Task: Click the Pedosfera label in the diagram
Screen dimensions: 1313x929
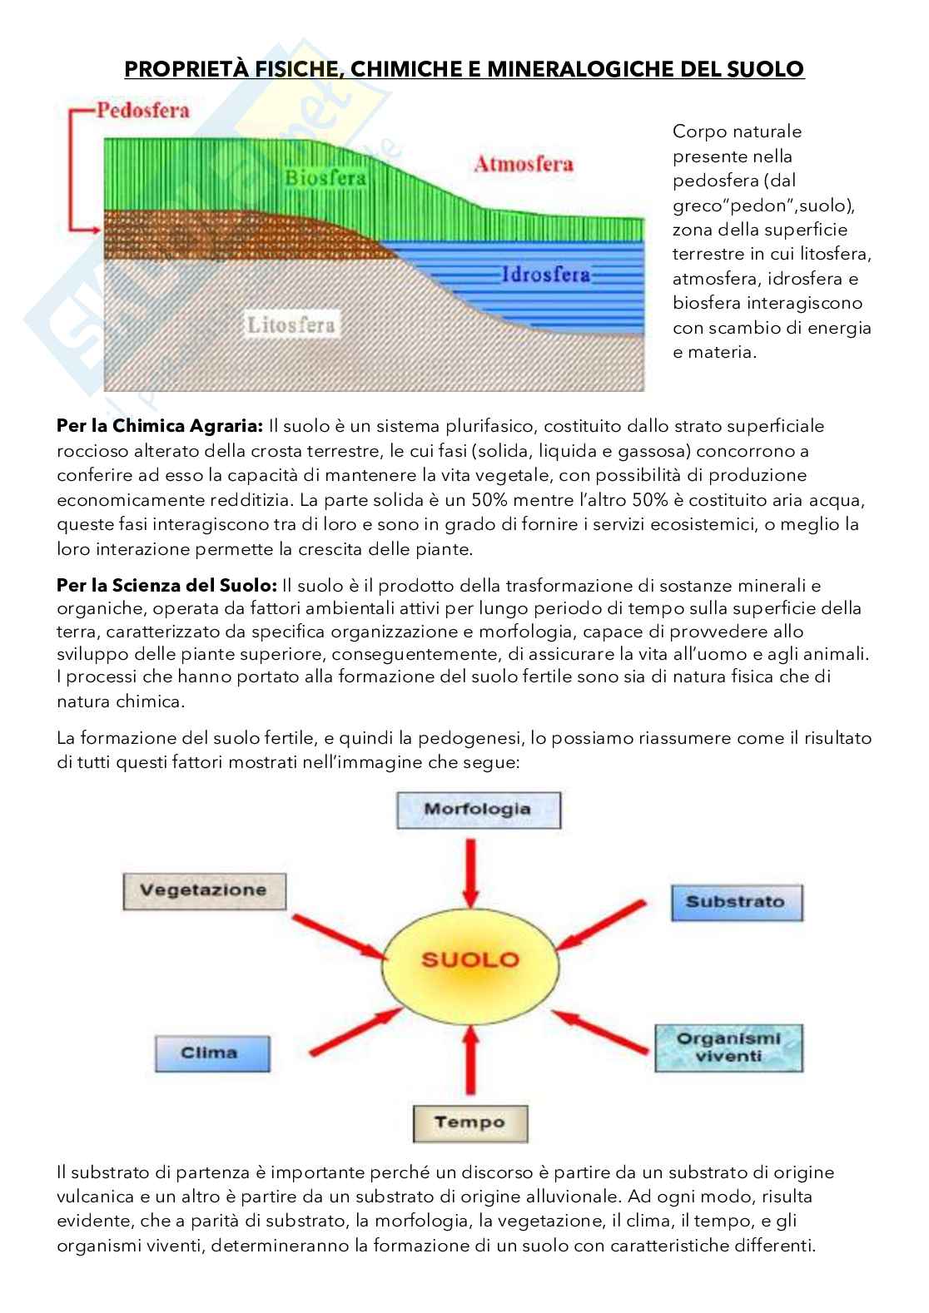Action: tap(142, 111)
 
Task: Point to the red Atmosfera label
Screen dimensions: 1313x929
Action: tap(523, 164)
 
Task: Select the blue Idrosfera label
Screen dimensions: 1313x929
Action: tap(545, 274)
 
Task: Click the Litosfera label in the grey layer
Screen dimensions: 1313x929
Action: tap(291, 324)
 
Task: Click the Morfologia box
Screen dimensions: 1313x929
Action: tap(478, 809)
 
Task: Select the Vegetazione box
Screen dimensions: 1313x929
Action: tap(203, 889)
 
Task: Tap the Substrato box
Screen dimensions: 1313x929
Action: tap(735, 901)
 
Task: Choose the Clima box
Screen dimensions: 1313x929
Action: tap(209, 1053)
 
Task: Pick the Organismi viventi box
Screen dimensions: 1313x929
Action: tap(728, 1047)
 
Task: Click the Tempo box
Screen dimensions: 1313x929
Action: tap(469, 1122)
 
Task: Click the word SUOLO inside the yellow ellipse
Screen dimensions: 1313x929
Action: tap(470, 959)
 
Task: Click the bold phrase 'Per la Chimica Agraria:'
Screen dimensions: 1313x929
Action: tap(160, 426)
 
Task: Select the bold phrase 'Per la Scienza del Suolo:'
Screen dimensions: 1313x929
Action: tap(166, 585)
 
